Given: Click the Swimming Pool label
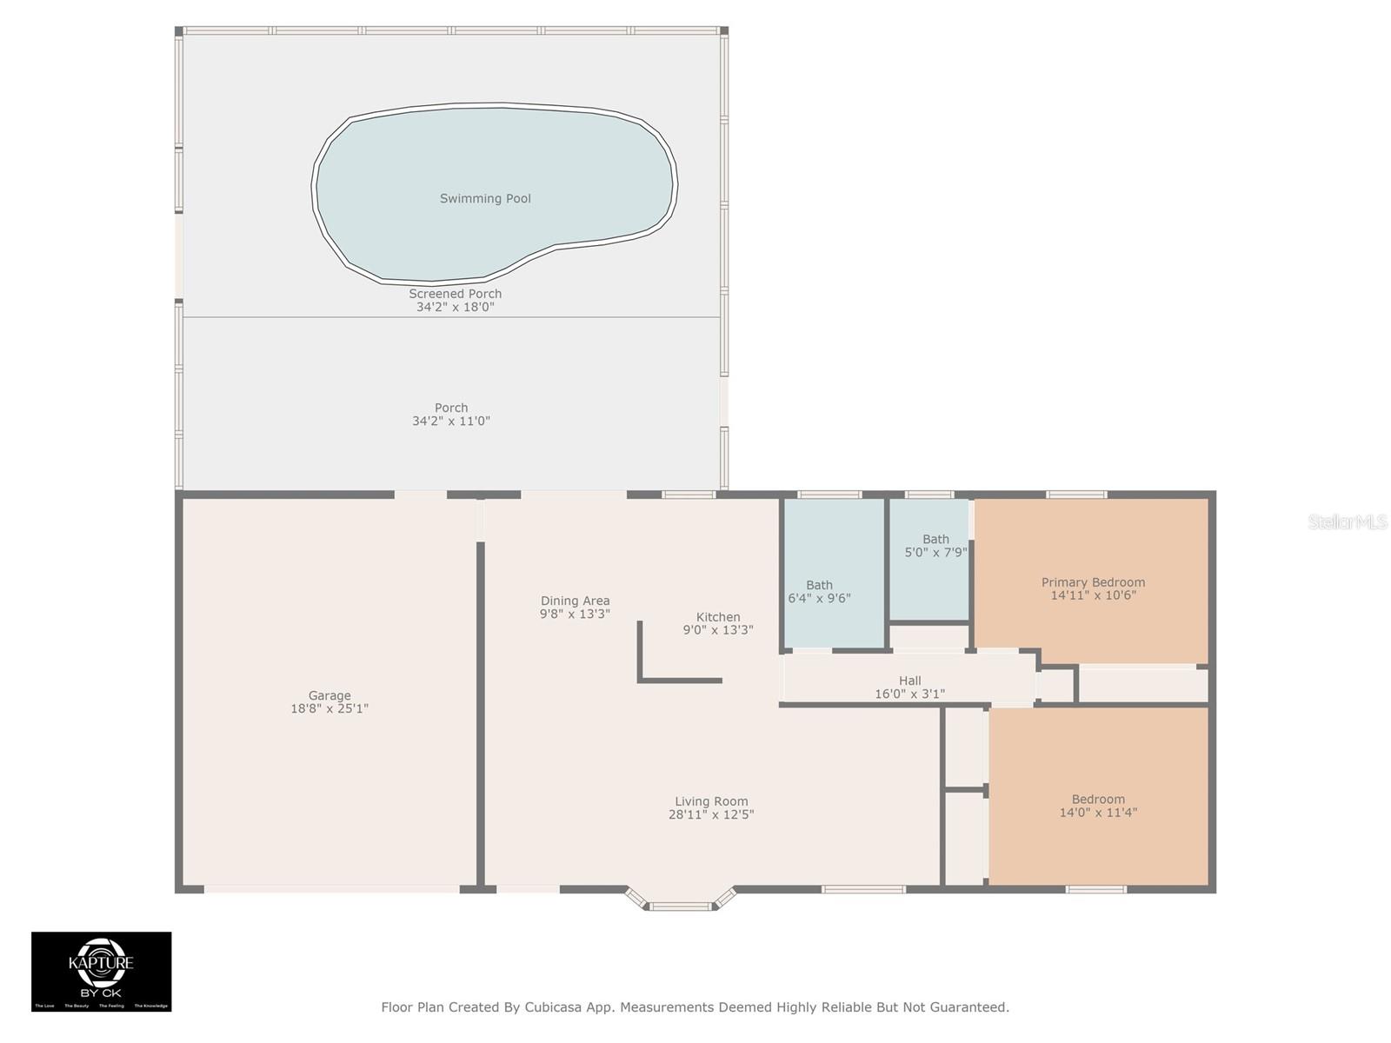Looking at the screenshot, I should point(485,198).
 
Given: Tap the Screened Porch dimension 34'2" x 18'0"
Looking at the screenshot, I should point(455,307).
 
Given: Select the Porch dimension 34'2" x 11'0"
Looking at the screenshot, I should point(450,421).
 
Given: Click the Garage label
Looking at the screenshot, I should point(329,695).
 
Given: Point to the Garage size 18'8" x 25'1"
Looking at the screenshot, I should point(329,708).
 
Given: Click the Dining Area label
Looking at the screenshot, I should point(575,601).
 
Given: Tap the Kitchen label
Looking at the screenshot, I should point(718,617).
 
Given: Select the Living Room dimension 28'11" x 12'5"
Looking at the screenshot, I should point(711,814).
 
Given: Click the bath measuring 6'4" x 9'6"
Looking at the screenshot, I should point(819,592).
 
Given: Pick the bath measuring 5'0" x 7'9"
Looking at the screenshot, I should point(935,546).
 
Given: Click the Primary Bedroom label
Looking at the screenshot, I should point(1093,582).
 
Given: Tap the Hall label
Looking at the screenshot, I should point(909,681).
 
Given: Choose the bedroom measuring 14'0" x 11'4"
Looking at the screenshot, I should point(1098,806).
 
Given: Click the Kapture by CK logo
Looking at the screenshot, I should point(102,971).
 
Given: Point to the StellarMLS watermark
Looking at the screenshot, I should point(1347,521).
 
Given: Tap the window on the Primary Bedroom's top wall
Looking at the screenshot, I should point(1076,495).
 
